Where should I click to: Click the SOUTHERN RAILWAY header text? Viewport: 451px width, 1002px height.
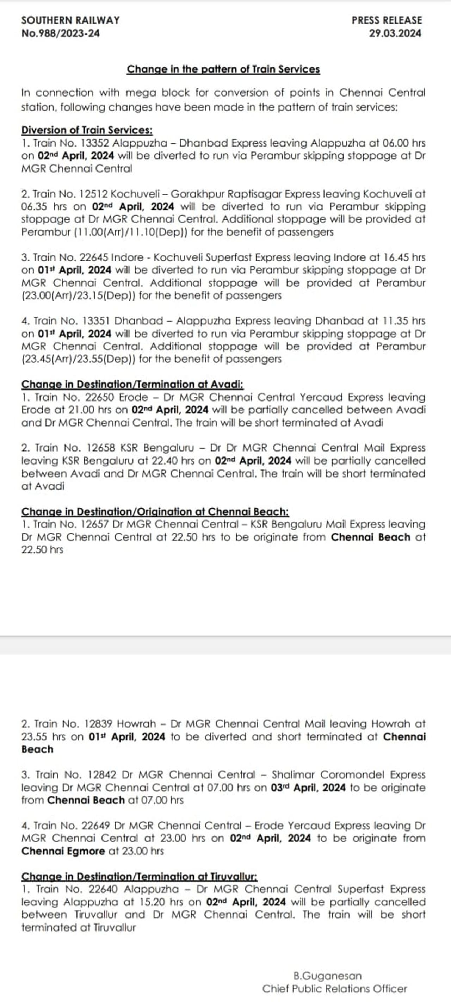[70, 20]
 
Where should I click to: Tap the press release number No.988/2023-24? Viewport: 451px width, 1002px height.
[61, 33]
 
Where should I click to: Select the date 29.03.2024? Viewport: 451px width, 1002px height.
[395, 33]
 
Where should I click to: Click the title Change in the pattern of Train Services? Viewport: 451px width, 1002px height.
[223, 69]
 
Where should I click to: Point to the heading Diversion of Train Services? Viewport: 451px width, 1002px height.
[87, 130]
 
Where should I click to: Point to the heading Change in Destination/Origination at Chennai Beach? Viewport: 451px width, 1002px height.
[155, 511]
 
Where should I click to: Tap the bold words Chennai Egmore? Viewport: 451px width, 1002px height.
[63, 851]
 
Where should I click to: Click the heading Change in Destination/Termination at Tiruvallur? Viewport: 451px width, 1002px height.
[139, 876]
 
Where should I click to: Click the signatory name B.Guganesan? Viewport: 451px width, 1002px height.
[328, 976]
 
